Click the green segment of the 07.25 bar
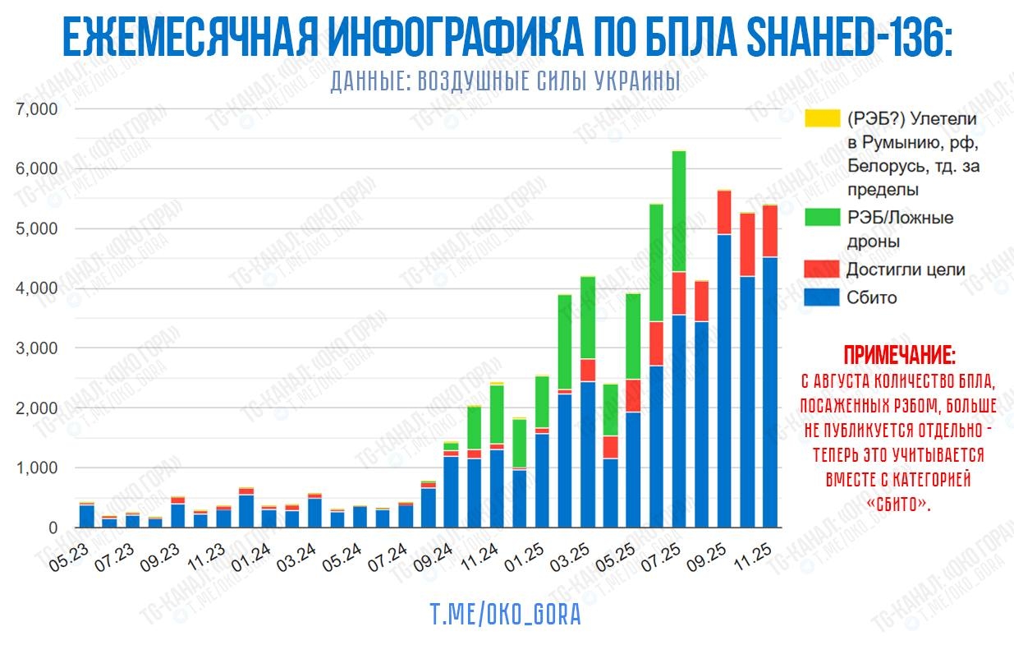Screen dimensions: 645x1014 (656, 263)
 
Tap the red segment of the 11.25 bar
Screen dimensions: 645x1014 (769, 231)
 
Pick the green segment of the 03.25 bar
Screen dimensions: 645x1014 (588, 317)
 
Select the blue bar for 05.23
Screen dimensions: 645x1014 (87, 516)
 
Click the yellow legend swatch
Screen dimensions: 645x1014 (822, 118)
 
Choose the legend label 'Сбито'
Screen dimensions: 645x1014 (872, 297)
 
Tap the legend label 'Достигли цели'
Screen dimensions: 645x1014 (906, 270)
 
